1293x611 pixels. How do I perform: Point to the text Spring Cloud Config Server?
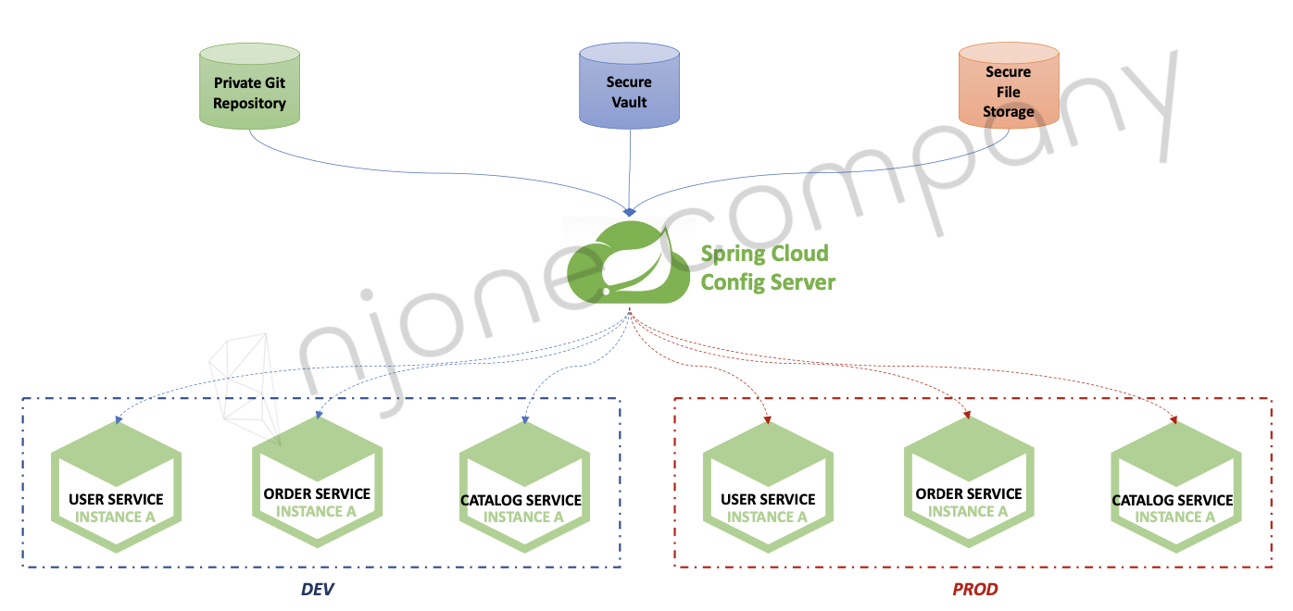pos(767,268)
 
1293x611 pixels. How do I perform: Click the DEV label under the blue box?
pos(316,589)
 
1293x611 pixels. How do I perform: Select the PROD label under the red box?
pos(974,589)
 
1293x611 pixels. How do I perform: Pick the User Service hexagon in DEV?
pos(116,487)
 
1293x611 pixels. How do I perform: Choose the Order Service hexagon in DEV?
pos(317,481)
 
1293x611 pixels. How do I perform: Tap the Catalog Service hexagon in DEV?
pos(523,487)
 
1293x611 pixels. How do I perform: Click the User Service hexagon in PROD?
pos(768,487)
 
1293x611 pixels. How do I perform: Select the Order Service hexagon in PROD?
pos(969,481)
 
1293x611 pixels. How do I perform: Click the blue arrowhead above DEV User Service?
pos(118,420)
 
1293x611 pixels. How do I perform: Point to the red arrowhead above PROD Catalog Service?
pos(1174,420)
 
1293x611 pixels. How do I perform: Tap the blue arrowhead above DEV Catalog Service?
pos(525,420)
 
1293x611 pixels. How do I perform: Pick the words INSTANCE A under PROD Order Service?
pos(968,511)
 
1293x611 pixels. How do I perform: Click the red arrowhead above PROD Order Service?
pos(968,415)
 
